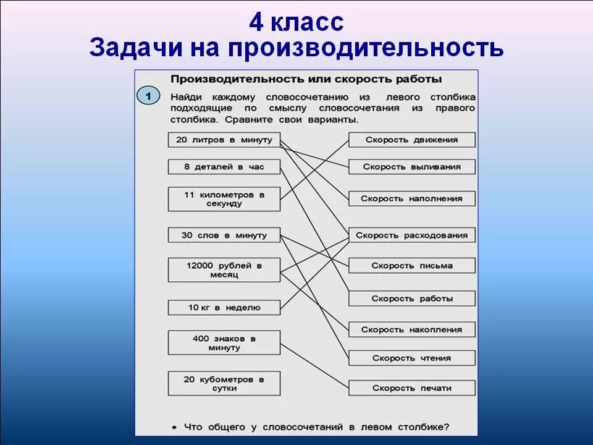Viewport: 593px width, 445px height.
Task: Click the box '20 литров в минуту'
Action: tap(224, 140)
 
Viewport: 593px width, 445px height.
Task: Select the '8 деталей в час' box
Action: tap(224, 167)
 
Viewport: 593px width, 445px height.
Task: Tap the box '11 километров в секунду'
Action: tap(224, 199)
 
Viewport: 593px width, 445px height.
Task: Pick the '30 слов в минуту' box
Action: tap(224, 235)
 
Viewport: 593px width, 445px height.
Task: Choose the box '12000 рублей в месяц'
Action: tap(224, 270)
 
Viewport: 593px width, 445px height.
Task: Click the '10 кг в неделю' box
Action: tap(224, 307)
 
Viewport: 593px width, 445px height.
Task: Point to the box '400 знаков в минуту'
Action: tap(224, 343)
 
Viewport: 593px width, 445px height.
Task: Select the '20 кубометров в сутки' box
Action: tap(224, 383)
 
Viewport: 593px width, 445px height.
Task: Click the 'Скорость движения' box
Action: tap(412, 140)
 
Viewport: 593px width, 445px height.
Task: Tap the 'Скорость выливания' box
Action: tap(412, 167)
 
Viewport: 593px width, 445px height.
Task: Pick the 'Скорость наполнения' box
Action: tap(412, 198)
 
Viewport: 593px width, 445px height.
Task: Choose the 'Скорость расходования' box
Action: tap(412, 235)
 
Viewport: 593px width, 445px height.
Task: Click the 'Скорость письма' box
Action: tap(412, 266)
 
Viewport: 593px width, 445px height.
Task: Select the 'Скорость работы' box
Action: tap(412, 299)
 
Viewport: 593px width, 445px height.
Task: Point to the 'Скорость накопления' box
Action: tap(412, 330)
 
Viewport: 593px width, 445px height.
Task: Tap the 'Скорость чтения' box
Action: tap(412, 358)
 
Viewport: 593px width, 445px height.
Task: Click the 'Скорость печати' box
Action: tap(412, 388)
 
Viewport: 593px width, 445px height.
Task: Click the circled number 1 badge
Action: tap(148, 96)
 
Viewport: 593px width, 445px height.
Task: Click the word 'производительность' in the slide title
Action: tap(365, 48)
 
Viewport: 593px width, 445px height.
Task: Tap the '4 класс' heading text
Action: tap(296, 23)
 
